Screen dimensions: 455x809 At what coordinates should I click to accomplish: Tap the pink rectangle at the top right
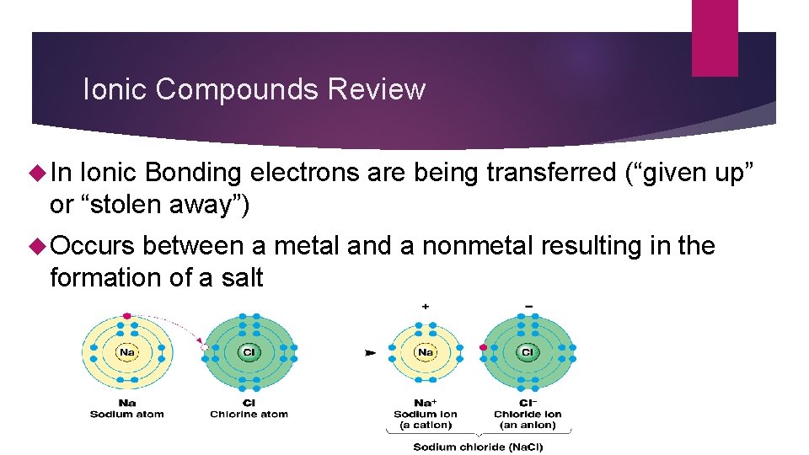(715, 37)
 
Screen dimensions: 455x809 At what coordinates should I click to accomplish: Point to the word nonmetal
(477, 246)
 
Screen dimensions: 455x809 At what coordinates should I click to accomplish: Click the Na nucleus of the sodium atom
(126, 352)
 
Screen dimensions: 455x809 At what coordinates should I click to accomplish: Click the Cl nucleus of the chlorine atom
(249, 352)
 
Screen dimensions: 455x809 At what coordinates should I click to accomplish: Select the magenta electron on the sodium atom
(126, 316)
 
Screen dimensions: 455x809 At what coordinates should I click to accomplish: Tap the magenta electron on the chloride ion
(483, 347)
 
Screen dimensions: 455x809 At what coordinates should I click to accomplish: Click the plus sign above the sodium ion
(425, 307)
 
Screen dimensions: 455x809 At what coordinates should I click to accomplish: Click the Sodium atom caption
(126, 414)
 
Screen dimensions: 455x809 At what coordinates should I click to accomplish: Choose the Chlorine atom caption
(249, 414)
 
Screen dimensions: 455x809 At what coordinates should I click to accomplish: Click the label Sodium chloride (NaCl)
(478, 447)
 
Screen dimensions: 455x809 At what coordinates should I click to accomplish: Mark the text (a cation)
(425, 425)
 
